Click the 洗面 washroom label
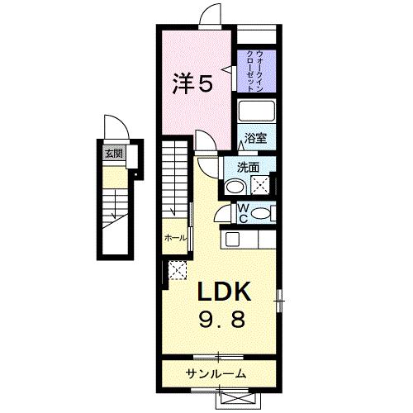(249, 167)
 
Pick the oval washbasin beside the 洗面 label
(235, 187)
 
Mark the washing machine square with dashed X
(262, 187)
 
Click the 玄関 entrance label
(111, 152)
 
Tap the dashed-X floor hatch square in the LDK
(176, 269)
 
